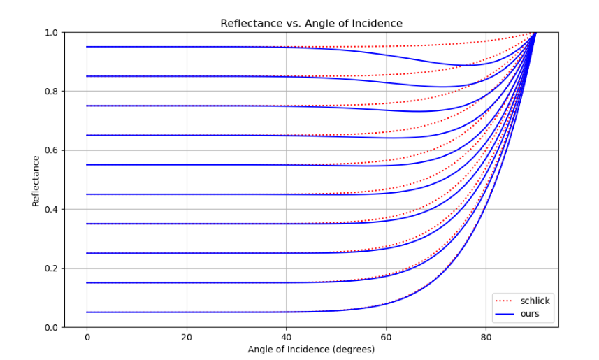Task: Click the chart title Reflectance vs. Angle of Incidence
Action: [311, 23]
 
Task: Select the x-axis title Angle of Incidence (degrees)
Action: [311, 349]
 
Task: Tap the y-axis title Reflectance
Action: [35, 180]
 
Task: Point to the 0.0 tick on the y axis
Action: [50, 327]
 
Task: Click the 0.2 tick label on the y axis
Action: [50, 268]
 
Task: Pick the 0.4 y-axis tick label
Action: [50, 209]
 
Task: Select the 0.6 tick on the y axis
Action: [50, 150]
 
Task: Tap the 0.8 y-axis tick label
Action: [50, 91]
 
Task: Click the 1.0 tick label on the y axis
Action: [50, 32]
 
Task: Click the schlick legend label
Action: [535, 301]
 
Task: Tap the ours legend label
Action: [531, 314]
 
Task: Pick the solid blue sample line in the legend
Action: [505, 314]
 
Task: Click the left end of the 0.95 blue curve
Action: [87, 47]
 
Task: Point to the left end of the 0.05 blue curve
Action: [87, 312]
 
